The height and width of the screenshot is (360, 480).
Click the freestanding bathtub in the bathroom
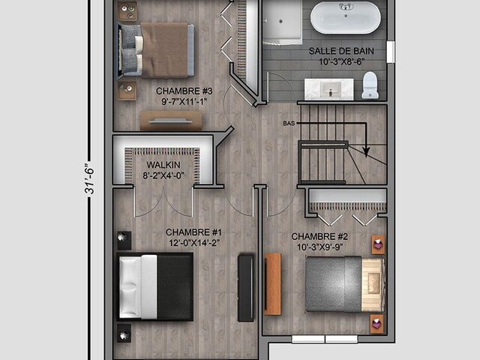click(346, 17)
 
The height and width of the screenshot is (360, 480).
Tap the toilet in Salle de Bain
click(370, 85)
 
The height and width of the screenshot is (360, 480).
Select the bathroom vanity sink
click(330, 88)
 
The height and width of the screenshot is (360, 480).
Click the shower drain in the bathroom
click(280, 22)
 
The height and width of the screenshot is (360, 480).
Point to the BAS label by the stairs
click(289, 123)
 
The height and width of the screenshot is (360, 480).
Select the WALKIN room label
click(163, 165)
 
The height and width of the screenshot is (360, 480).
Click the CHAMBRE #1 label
click(193, 232)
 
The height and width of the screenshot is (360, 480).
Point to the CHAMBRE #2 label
click(319, 236)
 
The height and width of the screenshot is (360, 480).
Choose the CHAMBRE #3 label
click(184, 91)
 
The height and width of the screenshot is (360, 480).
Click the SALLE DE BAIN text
click(341, 51)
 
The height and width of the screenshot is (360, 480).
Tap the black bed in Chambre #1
click(155, 286)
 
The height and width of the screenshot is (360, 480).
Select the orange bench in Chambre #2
click(272, 283)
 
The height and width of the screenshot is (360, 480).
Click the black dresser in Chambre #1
click(246, 288)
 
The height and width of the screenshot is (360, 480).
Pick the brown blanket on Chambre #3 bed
click(164, 50)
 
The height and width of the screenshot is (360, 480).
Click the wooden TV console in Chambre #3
click(171, 121)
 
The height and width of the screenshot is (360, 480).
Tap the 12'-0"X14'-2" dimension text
click(194, 243)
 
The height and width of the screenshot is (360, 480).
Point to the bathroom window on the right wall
click(390, 52)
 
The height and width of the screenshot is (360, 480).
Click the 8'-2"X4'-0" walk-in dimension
click(163, 175)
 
